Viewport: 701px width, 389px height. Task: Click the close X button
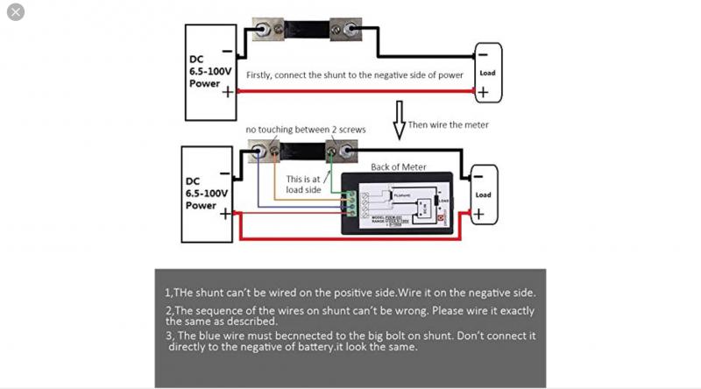[15, 12]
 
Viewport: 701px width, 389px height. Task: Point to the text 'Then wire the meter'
[449, 125]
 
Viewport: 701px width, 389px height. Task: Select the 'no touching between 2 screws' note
[306, 130]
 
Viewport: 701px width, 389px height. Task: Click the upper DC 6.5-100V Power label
[209, 72]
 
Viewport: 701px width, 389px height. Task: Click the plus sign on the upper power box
[228, 91]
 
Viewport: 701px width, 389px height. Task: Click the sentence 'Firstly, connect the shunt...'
[354, 75]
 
